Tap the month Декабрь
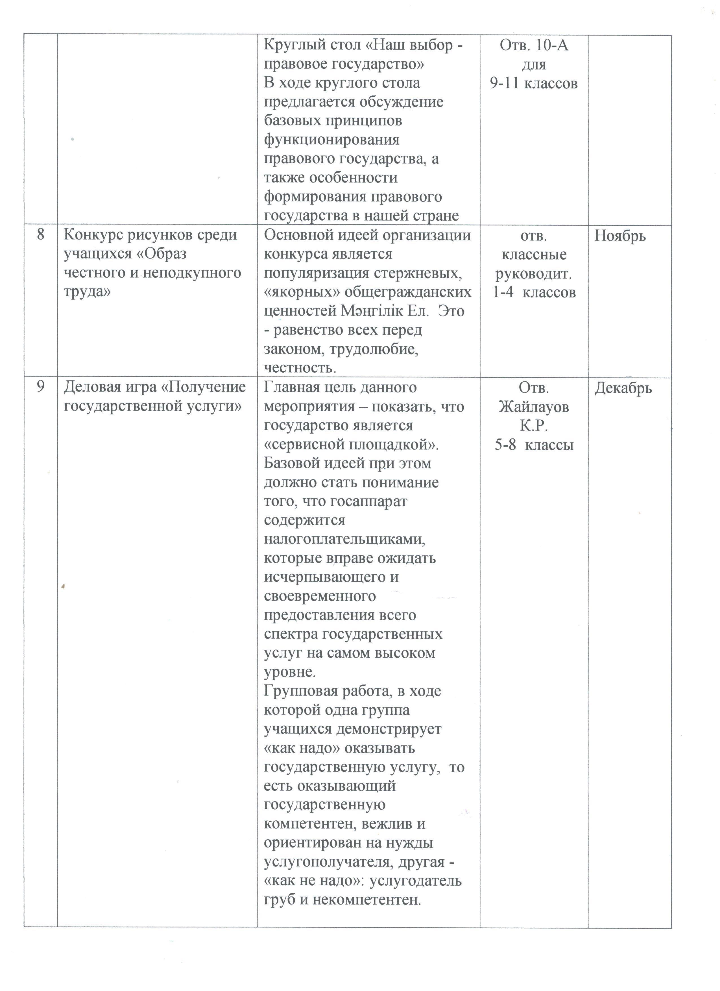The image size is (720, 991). [x=623, y=388]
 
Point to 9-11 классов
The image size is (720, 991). [x=534, y=83]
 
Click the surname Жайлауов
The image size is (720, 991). [x=534, y=407]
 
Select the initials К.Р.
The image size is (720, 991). [x=534, y=426]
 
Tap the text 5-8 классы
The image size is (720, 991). [x=534, y=445]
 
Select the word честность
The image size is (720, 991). [x=300, y=368]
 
